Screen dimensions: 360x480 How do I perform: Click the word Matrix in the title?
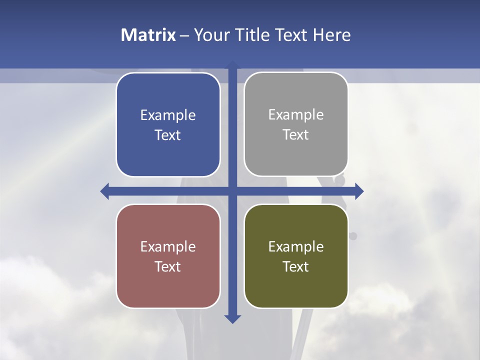148,35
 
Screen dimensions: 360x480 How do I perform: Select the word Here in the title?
332,35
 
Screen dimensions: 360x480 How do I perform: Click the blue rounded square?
168,124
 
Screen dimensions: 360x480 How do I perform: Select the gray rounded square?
296,124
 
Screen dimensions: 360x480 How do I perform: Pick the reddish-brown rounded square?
168,256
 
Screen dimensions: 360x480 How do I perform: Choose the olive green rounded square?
296,256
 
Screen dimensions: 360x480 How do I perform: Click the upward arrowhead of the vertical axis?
232,65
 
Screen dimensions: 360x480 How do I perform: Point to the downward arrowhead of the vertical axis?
232,319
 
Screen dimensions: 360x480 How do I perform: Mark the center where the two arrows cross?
232,191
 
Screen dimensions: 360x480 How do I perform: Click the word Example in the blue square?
168,115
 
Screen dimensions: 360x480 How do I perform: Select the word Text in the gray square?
296,135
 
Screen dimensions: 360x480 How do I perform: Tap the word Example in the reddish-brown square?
168,247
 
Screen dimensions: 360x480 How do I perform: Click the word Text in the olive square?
296,267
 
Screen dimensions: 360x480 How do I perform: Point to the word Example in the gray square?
296,115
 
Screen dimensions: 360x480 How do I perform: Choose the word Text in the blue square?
168,135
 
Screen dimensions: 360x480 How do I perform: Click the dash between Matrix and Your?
184,35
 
